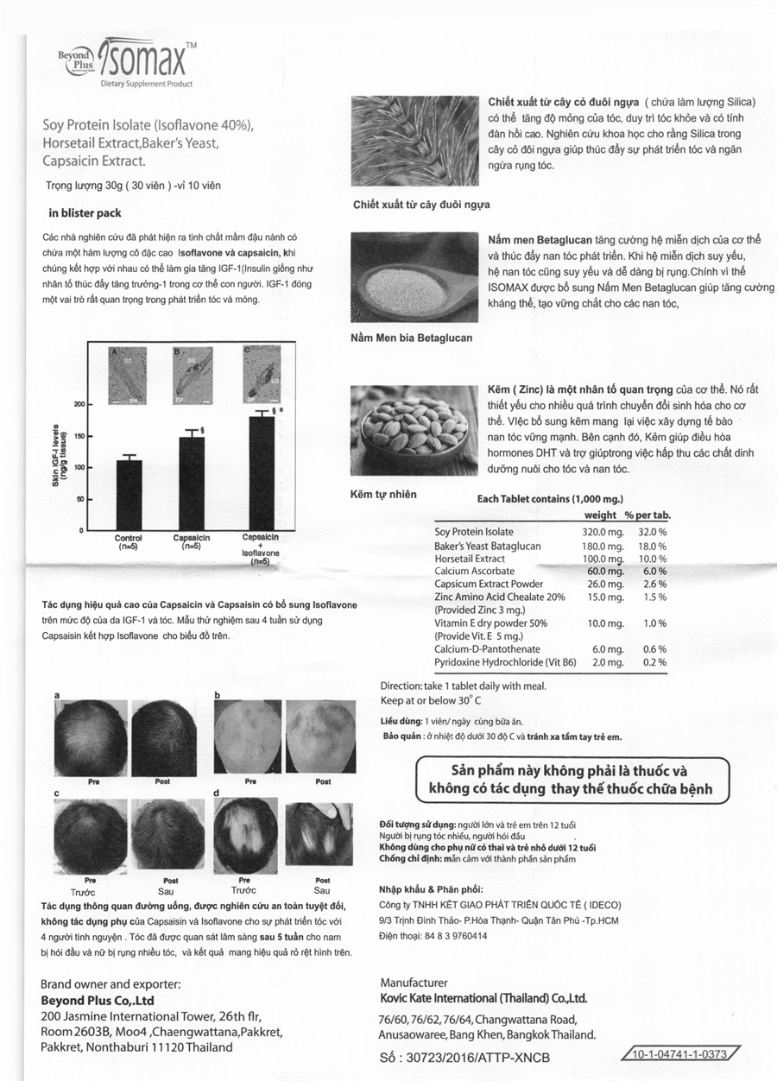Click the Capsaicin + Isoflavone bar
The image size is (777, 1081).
pos(261,473)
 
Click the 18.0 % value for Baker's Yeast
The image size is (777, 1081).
pos(652,546)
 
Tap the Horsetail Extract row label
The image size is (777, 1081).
pos(470,559)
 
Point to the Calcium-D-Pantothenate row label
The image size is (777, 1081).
pos(487,649)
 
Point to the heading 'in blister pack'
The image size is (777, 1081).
pos(85,212)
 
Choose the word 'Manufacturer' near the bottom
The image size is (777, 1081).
pos(414,983)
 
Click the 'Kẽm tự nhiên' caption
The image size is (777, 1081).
pos(383,494)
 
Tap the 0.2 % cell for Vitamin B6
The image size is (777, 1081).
pos(654,662)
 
